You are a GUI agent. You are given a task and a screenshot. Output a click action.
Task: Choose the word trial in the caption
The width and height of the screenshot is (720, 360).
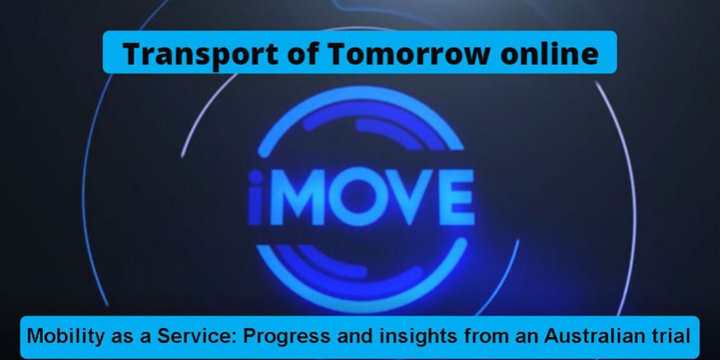click(666, 336)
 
